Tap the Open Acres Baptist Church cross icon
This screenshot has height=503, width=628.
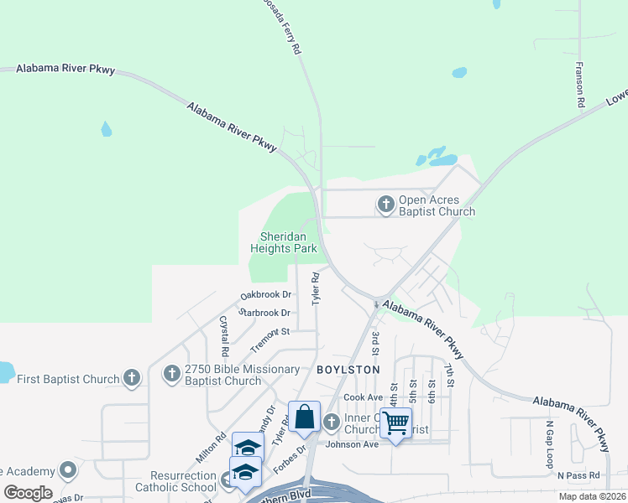click(385, 204)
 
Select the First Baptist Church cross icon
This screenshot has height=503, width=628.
click(131, 378)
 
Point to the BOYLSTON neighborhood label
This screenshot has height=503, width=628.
click(348, 370)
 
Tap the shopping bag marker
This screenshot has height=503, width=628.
click(304, 417)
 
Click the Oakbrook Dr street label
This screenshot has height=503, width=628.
click(265, 295)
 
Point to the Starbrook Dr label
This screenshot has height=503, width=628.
click(264, 313)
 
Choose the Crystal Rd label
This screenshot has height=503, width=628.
click(224, 334)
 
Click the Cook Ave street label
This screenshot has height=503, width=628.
click(364, 397)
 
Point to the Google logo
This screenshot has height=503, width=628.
click(28, 493)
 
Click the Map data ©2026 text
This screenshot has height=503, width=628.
click(591, 496)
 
